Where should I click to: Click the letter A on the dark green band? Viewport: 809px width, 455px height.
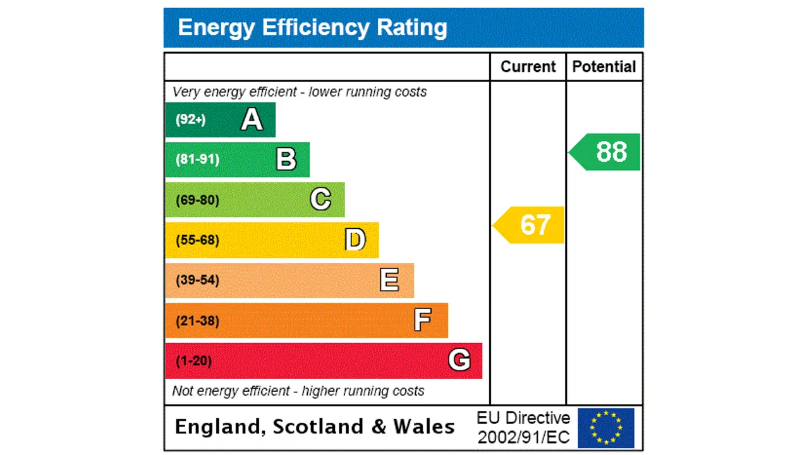252,119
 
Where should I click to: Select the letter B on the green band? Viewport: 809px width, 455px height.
286,159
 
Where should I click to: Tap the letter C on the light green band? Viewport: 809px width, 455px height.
320,200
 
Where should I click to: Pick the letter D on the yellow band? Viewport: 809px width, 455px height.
355,240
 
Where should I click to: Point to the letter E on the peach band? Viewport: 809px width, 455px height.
389,280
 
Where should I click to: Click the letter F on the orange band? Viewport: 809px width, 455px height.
422,320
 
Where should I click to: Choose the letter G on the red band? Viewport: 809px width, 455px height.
459,360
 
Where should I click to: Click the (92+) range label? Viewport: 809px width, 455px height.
191,119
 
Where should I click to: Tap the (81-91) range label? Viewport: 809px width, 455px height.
197,159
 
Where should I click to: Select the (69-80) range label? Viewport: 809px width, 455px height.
197,200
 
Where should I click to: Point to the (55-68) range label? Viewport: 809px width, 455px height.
197,240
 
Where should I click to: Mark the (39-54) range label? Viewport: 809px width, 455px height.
197,280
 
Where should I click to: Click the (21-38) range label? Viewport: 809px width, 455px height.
197,321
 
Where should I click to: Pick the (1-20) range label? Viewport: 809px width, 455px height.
193,361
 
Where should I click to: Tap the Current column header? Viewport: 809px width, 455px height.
528,67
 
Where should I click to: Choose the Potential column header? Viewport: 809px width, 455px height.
604,67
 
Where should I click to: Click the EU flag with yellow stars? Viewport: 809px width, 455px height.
605,428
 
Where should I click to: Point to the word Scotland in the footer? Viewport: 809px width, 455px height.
318,427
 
